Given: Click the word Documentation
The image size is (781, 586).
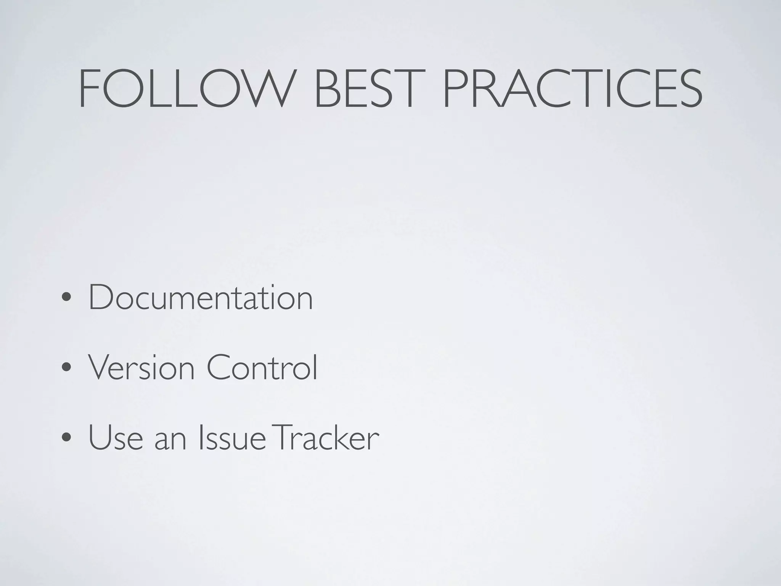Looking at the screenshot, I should click(201, 298).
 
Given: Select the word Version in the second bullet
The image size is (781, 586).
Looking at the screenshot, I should click(141, 368).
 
